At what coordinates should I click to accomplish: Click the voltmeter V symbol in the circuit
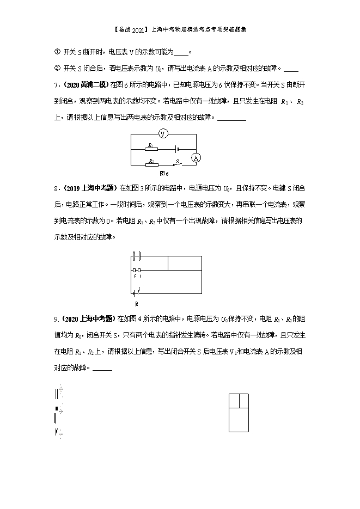coord(162,134)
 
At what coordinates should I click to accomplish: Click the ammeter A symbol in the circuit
coord(196,157)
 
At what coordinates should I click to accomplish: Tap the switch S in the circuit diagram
coord(175,163)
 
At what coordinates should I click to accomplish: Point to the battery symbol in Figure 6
coord(175,148)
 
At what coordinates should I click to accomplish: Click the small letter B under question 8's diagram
coord(136,304)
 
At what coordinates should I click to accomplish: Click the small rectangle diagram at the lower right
coord(239,413)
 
